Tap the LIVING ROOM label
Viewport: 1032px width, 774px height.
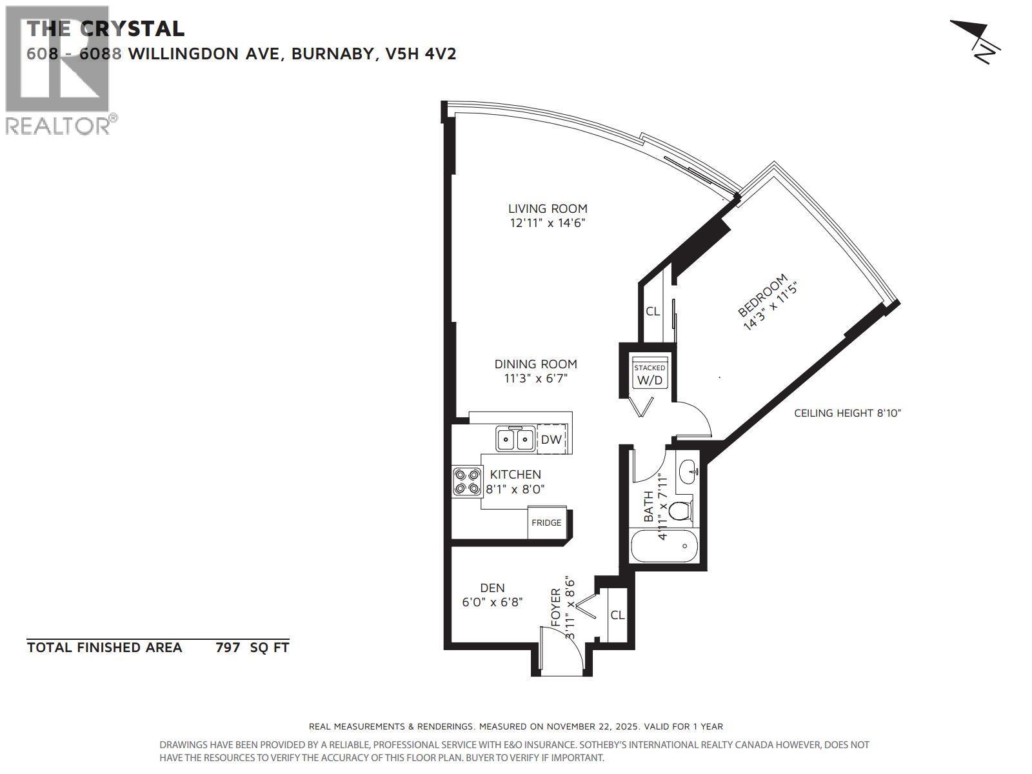(x=548, y=208)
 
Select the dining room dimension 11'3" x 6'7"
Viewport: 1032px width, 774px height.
(x=535, y=379)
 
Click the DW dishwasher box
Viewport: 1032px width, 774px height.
(x=551, y=439)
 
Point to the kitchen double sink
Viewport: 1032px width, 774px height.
(x=515, y=439)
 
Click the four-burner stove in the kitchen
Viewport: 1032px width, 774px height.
(x=467, y=481)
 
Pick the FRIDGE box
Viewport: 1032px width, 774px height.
(x=546, y=522)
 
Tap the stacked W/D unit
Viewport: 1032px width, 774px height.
(x=650, y=375)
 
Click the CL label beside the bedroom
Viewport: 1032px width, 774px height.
(x=653, y=312)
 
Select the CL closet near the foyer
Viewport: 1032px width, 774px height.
(x=617, y=615)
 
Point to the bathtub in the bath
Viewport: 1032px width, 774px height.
(x=664, y=546)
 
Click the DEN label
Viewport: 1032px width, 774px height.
(x=492, y=588)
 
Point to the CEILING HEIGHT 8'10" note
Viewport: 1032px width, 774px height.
(x=847, y=413)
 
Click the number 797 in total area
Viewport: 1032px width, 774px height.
(x=228, y=648)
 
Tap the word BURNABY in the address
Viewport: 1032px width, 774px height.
(x=334, y=54)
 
